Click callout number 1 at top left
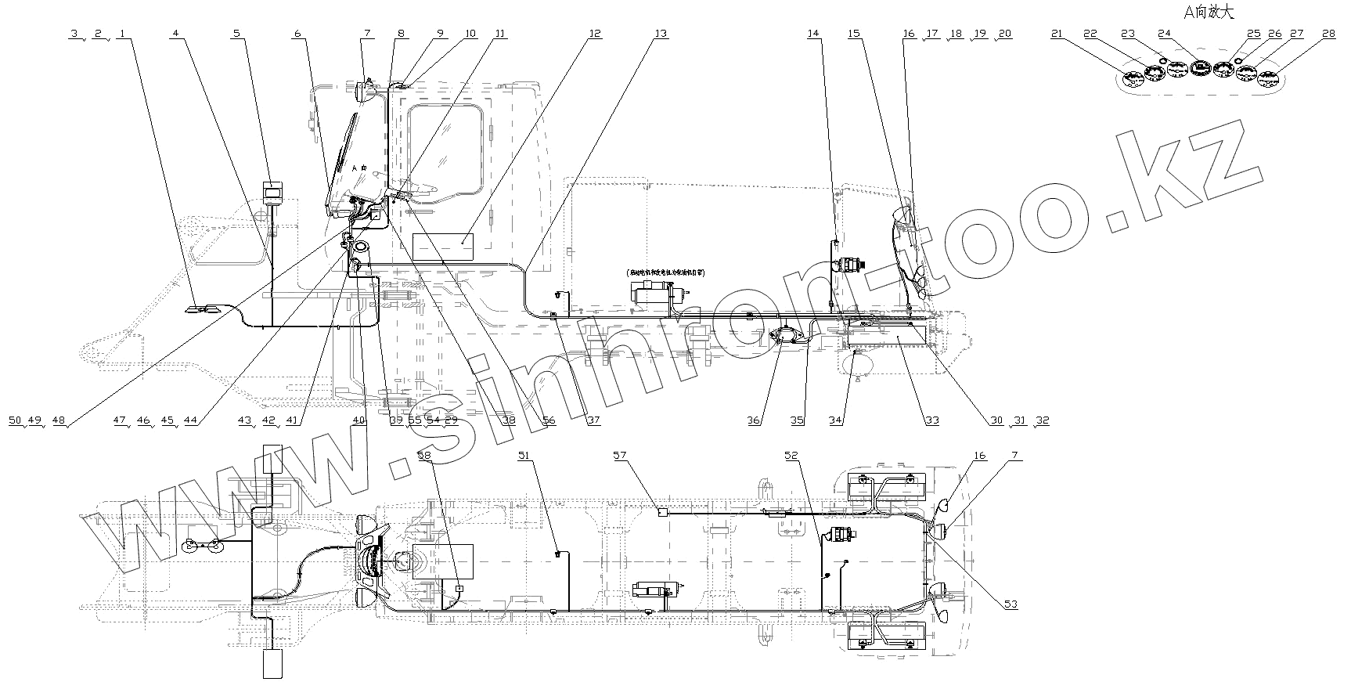(122, 34)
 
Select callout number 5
(236, 34)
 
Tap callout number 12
(595, 34)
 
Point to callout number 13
(661, 34)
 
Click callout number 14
(814, 34)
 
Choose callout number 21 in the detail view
(1057, 34)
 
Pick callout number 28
(1328, 34)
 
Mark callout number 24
(1165, 34)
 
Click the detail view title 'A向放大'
(1209, 13)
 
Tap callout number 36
(754, 420)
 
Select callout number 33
(931, 420)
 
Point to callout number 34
(836, 420)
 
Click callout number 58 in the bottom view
(424, 454)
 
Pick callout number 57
(620, 454)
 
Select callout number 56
(549, 420)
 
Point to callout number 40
(359, 420)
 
